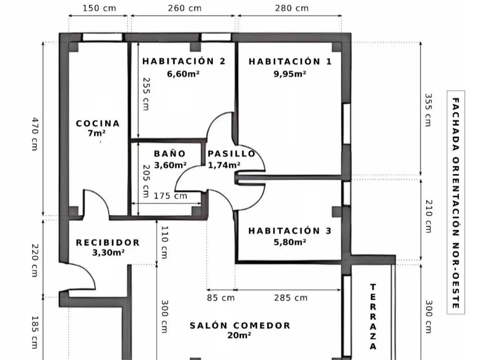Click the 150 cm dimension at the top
pos(99,8)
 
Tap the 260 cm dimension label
pos(185,8)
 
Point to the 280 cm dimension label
pos(291,8)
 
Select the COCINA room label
pos(98,124)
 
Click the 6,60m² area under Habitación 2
pos(183,74)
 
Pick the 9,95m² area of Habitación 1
pos(290,74)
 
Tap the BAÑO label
pos(170,153)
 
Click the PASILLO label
pos(232,154)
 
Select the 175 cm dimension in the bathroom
pos(171,196)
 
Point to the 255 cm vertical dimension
pos(146,94)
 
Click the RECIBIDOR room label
pos(108,242)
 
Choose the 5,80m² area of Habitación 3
pos(290,242)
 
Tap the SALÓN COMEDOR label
pos(240,326)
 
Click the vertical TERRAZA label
pos(373,317)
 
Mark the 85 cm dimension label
pos(221,298)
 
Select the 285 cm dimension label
pos(291,298)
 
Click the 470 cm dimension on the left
pos(35,134)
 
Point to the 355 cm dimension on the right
pos(428,110)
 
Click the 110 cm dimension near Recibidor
pos(165,242)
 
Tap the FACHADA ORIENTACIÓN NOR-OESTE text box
pos(456,202)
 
